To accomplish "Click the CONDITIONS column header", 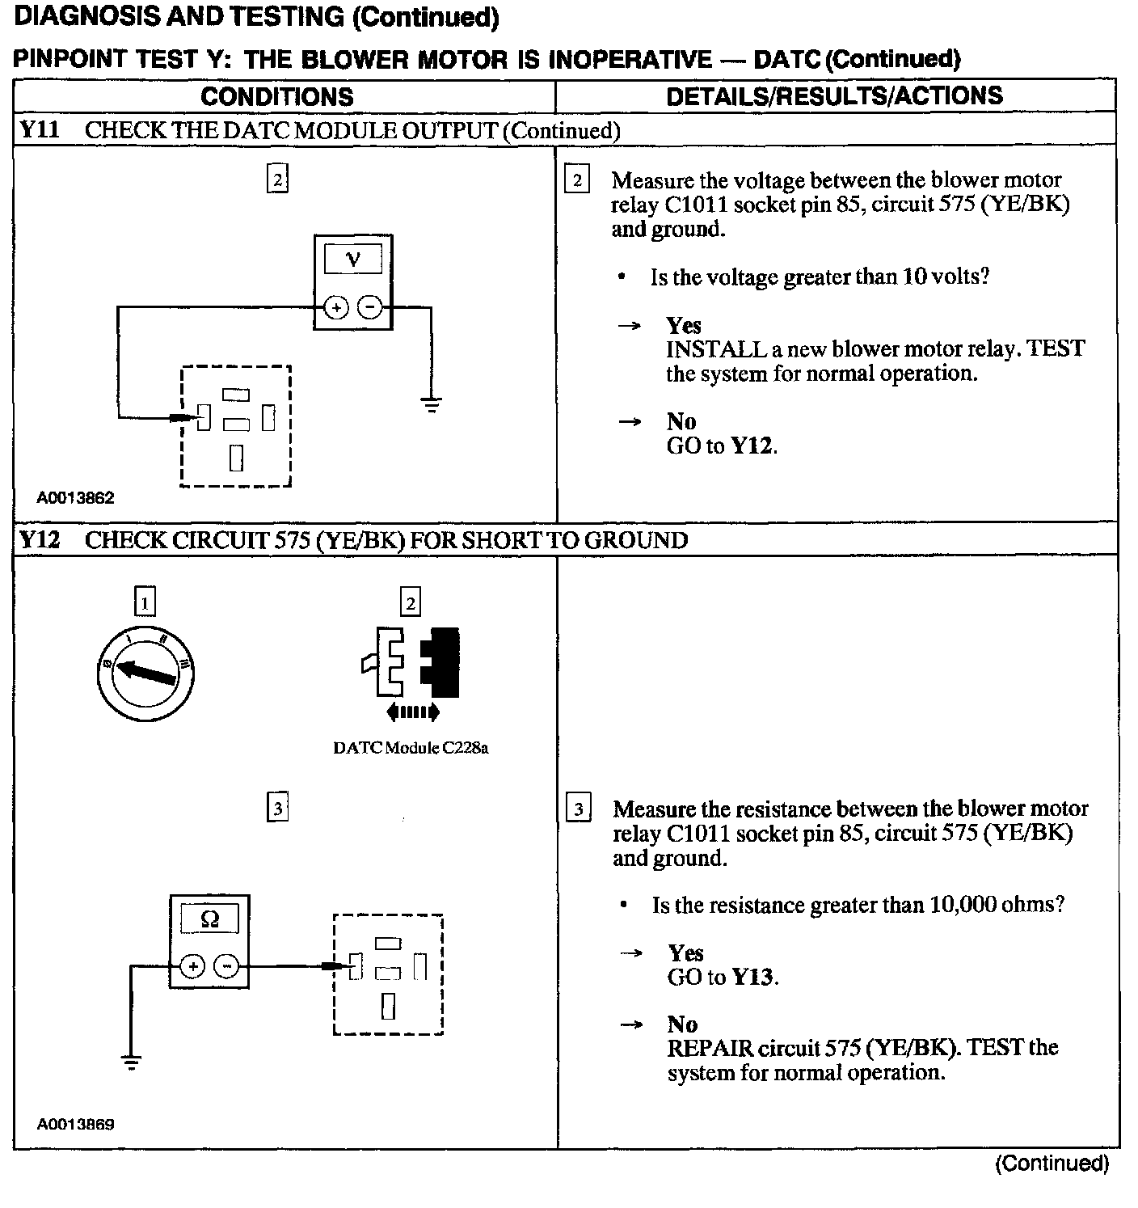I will coord(276,97).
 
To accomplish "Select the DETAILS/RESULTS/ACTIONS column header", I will coord(834,96).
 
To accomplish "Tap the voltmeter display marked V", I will coord(352,260).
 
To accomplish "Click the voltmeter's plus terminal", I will coord(336,307).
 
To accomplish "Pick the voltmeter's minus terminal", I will coord(369,307).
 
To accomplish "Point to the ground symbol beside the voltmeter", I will coord(432,403).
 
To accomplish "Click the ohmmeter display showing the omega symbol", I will coord(209,919).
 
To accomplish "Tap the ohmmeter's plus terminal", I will coord(192,965).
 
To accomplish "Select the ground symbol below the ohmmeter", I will coord(130,1061).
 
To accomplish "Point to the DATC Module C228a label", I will coord(411,748).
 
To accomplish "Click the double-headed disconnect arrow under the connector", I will coord(413,712).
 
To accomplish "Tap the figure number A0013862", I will coord(75,498).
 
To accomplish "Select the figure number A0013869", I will coord(75,1124).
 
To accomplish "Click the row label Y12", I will coord(40,539).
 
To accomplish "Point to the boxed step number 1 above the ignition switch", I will coord(144,602).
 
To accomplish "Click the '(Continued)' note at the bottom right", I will coord(1052,1164).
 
